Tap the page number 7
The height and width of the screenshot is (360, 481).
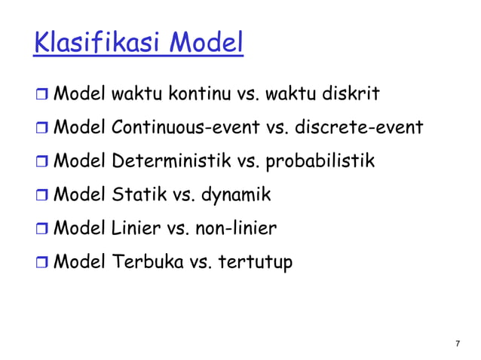(x=458, y=344)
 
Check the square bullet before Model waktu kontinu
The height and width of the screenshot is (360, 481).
(x=41, y=96)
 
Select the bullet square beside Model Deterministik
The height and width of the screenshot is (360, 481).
(x=41, y=163)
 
